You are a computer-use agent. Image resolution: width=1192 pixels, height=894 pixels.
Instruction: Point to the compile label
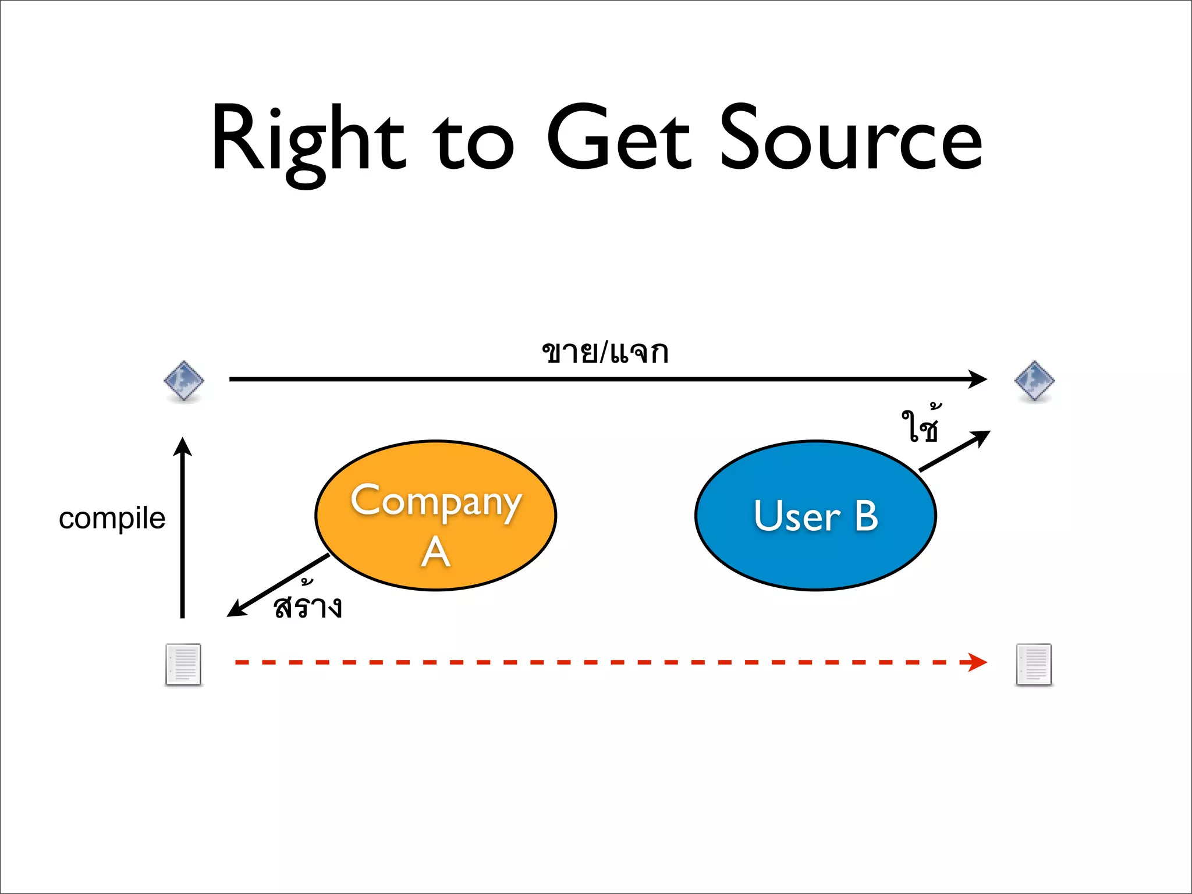coord(112,518)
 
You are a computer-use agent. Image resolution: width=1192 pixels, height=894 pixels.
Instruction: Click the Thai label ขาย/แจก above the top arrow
coord(605,352)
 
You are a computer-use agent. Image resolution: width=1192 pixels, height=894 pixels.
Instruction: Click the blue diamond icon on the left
coord(184,381)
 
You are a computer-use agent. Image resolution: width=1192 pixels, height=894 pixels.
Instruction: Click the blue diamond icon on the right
coord(1034,381)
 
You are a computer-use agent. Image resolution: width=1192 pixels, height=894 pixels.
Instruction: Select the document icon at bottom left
coord(183,664)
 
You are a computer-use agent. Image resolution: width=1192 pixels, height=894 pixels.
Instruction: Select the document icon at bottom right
coord(1034,664)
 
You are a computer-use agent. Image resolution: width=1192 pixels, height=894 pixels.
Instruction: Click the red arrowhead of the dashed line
coord(978,662)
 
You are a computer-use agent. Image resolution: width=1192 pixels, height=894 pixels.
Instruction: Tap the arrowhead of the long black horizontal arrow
coord(978,379)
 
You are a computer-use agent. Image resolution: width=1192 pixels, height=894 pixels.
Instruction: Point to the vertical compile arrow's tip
coord(183,446)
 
